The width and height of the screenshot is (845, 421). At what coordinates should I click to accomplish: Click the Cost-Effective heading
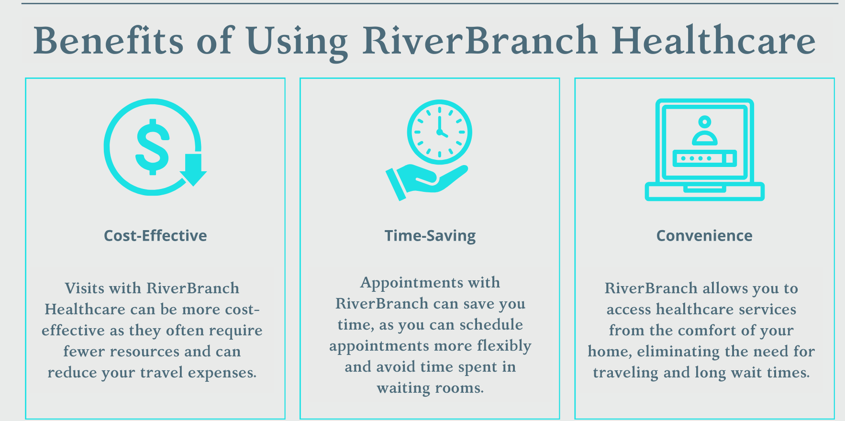click(x=156, y=236)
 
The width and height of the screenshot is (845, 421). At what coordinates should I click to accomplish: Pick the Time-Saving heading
click(x=430, y=236)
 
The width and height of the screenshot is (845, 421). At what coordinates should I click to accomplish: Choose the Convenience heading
click(x=704, y=236)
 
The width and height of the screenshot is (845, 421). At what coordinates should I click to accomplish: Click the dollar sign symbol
click(x=153, y=146)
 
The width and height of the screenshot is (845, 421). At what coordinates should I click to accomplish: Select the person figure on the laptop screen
click(x=705, y=130)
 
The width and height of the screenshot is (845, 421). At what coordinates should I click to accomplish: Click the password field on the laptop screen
click(x=705, y=158)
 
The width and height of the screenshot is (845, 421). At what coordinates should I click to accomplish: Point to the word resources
click(x=145, y=352)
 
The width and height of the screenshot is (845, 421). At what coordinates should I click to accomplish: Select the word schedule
click(x=491, y=325)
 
